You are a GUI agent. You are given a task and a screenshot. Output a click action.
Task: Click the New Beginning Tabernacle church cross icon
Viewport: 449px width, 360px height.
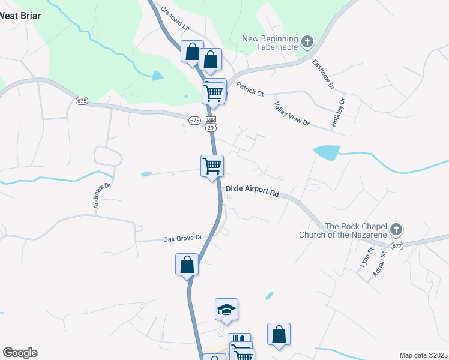tap(307, 42)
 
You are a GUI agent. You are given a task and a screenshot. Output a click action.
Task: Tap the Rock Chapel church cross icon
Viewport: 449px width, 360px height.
tap(396, 229)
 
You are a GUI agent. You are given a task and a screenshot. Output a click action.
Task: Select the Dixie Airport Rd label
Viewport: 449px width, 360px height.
tap(253, 194)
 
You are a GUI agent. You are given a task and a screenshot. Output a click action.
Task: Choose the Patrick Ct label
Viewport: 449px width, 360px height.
tap(250, 89)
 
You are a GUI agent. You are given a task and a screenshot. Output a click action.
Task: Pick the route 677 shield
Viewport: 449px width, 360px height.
tap(396, 245)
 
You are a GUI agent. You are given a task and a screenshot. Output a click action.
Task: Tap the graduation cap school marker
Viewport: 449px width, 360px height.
tap(226, 310)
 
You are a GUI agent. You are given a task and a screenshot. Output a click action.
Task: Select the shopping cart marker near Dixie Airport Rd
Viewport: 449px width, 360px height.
tap(211, 166)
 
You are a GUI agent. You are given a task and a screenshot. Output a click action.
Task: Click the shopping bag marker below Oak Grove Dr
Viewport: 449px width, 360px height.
tap(187, 265)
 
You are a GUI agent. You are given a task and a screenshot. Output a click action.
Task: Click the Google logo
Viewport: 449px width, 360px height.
tap(20, 353)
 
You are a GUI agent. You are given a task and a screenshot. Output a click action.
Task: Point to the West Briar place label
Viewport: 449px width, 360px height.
tap(20, 16)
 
